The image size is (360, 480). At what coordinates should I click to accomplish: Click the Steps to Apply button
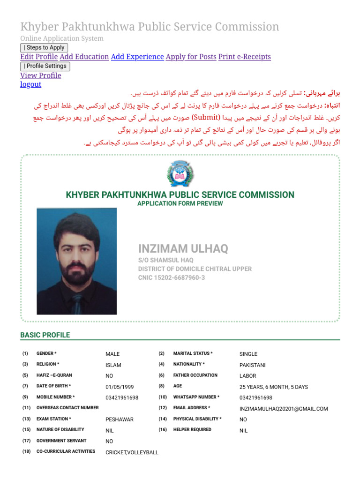pos(44,47)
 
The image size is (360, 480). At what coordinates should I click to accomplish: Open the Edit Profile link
pos(39,57)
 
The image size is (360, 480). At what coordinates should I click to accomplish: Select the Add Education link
pos(84,57)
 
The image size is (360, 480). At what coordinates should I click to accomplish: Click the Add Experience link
pos(137,57)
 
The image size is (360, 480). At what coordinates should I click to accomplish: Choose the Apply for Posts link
pos(191,57)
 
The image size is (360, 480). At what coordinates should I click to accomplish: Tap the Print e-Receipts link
pos(245,57)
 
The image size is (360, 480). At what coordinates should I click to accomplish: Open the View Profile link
pos(41,75)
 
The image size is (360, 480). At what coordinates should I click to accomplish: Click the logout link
pos(30,84)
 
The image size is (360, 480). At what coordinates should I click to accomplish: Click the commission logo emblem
pos(180,173)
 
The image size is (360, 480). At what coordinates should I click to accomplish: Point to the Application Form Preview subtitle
pos(180,203)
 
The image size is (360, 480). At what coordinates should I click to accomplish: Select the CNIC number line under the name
pos(171,278)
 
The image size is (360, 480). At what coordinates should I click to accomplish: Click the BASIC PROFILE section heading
pos(45,335)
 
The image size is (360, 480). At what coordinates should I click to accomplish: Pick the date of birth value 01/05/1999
pos(120,387)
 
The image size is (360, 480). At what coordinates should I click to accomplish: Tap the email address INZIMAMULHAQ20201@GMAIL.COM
pos(284,409)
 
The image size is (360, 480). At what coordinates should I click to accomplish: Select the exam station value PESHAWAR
pos(120,420)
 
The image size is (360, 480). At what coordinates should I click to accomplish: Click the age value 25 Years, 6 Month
pos(274,387)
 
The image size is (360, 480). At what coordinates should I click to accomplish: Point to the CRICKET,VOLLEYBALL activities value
pos(132,452)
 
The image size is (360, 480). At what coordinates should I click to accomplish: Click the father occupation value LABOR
pos(248,376)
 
